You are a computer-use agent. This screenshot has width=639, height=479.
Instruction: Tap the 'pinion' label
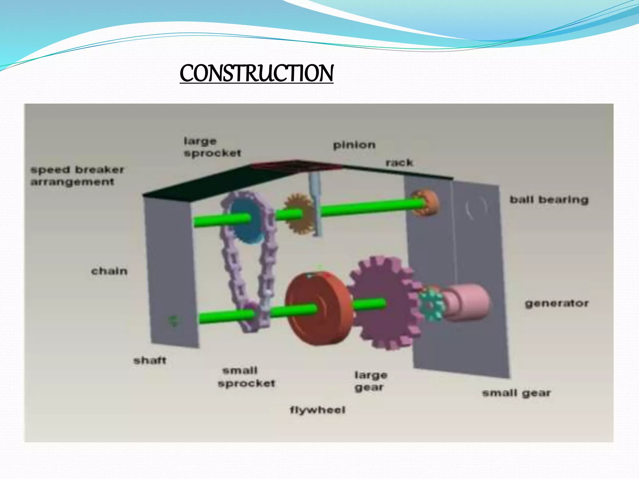(354, 145)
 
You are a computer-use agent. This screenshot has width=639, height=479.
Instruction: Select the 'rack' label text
(399, 162)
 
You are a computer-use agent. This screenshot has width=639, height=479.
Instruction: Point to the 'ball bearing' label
(549, 200)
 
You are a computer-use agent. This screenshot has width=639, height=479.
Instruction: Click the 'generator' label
(557, 303)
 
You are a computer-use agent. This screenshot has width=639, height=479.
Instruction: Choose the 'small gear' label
(516, 393)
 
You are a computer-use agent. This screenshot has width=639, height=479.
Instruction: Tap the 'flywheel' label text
(318, 410)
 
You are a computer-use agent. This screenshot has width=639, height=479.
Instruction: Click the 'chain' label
(109, 271)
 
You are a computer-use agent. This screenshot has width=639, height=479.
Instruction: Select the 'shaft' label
(150, 360)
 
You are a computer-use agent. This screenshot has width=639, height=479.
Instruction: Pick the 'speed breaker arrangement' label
(77, 176)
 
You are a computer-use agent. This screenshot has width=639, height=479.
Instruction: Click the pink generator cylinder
(468, 301)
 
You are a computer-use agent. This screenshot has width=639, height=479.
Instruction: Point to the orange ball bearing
(426, 203)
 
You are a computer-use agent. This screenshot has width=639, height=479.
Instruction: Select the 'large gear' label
(370, 381)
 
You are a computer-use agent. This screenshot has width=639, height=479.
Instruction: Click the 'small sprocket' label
(246, 377)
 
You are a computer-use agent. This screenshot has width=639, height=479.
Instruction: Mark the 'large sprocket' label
(212, 147)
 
